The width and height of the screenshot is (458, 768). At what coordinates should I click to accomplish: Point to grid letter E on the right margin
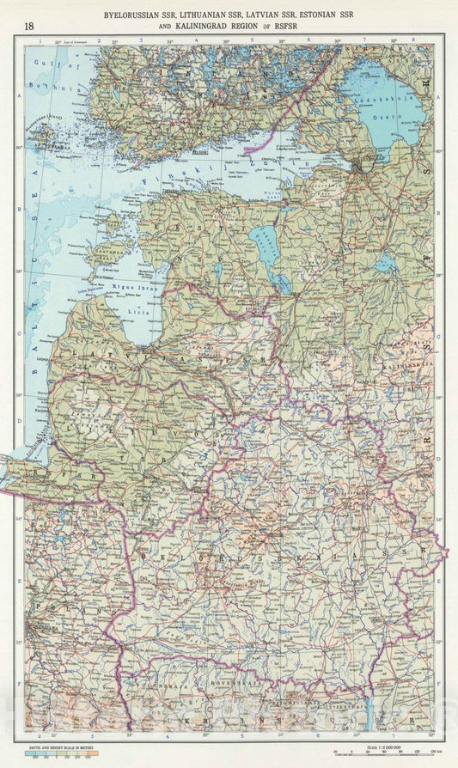438,580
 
